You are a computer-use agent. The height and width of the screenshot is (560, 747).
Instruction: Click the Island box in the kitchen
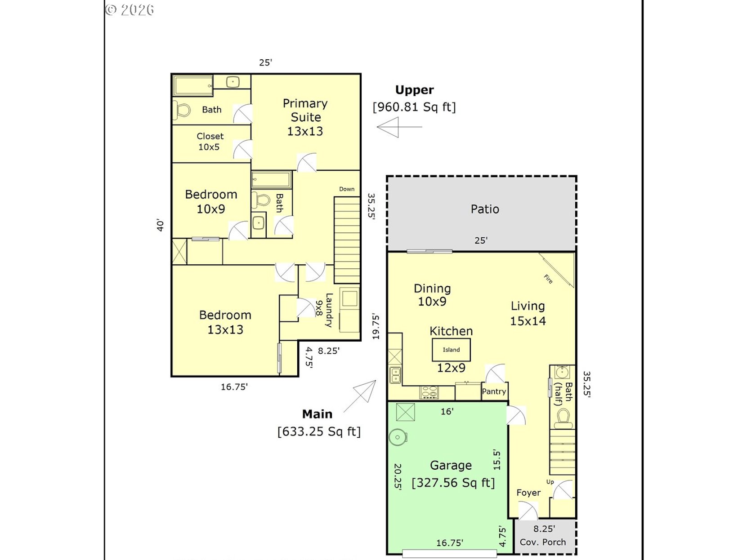(x=451, y=350)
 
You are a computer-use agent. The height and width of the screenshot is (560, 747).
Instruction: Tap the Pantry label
(x=494, y=392)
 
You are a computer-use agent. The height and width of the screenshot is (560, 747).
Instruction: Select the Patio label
(x=485, y=209)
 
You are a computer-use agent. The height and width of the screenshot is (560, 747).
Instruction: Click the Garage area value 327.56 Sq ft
(x=453, y=483)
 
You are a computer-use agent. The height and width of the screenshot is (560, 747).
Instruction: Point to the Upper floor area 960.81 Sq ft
(x=414, y=107)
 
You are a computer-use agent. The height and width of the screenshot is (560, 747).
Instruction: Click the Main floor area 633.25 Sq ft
(x=319, y=431)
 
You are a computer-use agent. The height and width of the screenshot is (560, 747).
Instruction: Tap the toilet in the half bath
(x=563, y=418)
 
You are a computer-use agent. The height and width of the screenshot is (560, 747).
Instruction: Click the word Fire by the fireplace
(x=548, y=279)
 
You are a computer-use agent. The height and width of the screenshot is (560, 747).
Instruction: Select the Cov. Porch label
(x=543, y=542)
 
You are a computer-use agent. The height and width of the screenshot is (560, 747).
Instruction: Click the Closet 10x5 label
(x=210, y=142)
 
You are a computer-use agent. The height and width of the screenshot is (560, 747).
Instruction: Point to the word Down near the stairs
(x=347, y=189)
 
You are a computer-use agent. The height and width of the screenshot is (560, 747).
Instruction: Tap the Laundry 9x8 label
(x=324, y=310)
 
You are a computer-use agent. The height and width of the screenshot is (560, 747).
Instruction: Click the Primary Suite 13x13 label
(x=305, y=117)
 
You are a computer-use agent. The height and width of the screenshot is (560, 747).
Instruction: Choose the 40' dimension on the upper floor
(x=160, y=225)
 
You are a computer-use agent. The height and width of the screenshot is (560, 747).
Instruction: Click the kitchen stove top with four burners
(x=429, y=392)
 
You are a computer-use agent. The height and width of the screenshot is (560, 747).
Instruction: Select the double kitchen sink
(x=395, y=375)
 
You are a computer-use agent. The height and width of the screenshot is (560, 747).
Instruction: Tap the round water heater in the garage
(x=398, y=437)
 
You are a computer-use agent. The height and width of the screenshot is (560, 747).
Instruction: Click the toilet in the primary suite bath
(x=182, y=110)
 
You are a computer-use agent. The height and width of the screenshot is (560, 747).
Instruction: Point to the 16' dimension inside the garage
(x=447, y=412)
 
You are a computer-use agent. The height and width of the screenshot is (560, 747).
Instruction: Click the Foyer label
(x=528, y=493)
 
